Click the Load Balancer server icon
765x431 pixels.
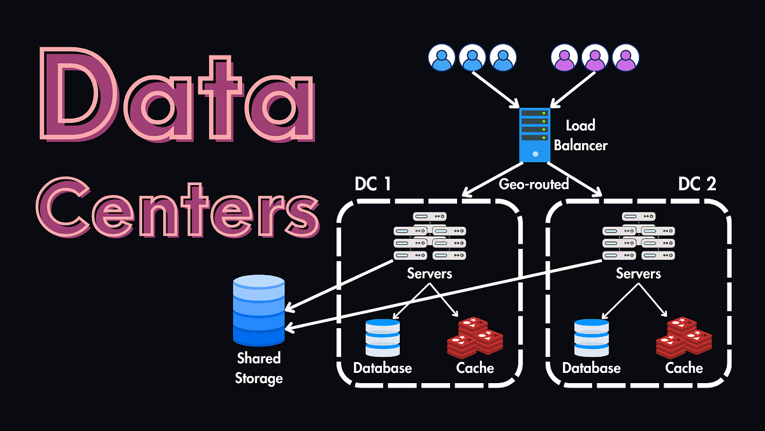534,134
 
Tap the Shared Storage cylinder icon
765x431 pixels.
259,310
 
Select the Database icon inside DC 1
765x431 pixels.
382,337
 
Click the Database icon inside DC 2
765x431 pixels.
591,337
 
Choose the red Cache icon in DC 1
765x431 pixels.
475,336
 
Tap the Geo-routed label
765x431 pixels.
534,184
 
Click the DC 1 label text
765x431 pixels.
374,184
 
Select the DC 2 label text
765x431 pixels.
697,184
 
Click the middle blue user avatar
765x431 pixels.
472,57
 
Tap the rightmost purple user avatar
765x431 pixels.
625,57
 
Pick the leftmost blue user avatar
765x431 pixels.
442,57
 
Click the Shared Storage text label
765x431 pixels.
259,368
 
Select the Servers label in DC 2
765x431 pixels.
638,273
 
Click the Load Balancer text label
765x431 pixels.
580,136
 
